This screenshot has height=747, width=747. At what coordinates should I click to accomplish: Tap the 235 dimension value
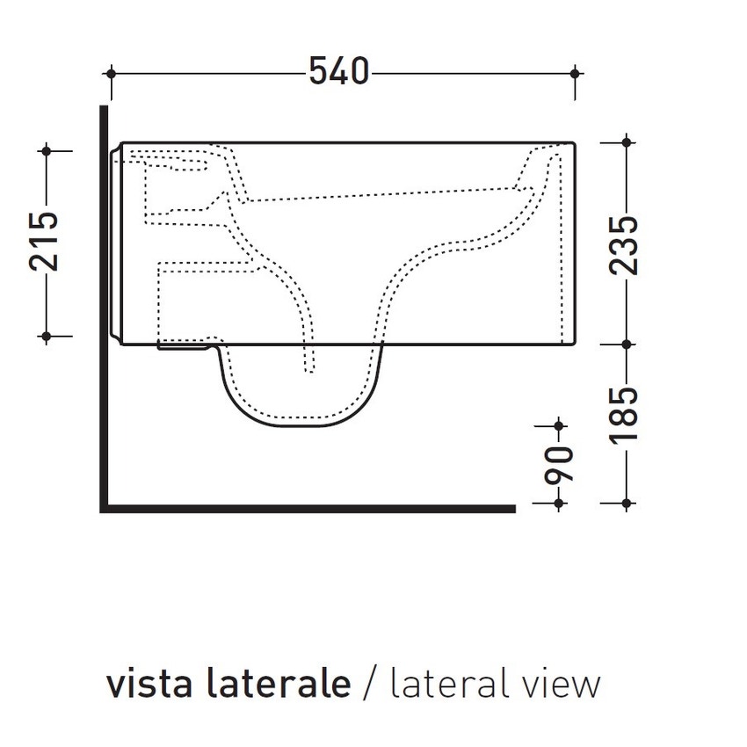pos(626,245)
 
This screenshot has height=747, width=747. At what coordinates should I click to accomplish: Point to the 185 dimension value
pos(626,417)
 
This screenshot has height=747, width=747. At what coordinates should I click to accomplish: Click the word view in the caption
pos(561,683)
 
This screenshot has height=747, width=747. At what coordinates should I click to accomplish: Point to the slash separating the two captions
pos(370,684)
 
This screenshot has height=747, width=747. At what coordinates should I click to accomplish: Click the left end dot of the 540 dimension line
pos(112,73)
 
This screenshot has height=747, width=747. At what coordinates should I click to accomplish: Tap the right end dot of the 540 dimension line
pos(575,73)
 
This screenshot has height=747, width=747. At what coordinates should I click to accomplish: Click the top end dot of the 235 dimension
pos(626,141)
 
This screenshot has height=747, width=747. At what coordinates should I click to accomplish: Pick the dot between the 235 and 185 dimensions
pos(626,344)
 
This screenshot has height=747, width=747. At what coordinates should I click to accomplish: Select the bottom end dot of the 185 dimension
pos(626,504)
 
